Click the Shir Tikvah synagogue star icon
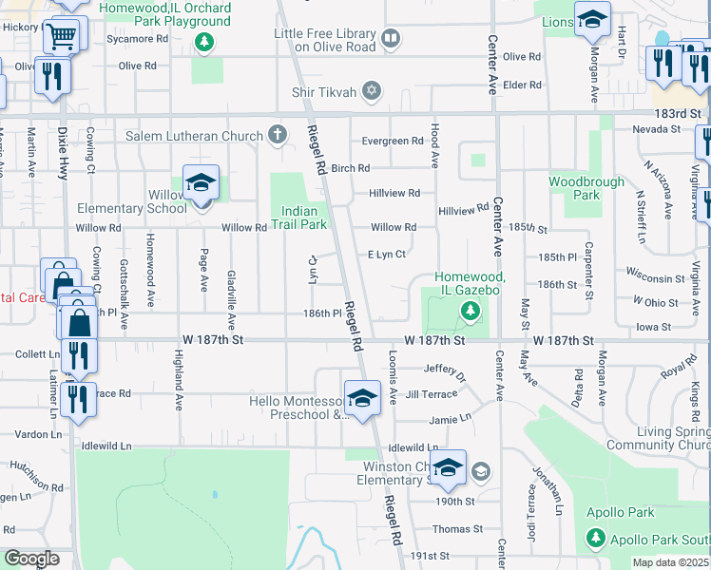[x=372, y=91]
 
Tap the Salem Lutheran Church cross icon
[x=277, y=135]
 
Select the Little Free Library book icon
[x=390, y=39]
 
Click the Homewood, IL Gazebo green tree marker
[x=469, y=310]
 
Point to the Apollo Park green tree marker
[x=596, y=538]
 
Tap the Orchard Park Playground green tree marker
[x=202, y=41]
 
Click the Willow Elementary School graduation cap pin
[x=201, y=183]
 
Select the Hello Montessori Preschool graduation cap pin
[x=362, y=399]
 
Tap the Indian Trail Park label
[x=304, y=218]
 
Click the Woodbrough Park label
[x=586, y=188]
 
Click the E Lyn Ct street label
[x=387, y=255]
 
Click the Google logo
[x=31, y=559]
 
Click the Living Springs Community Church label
[x=672, y=438]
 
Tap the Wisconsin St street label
[x=656, y=278]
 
